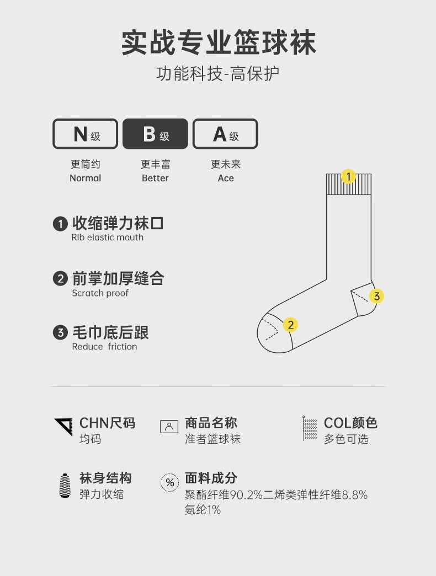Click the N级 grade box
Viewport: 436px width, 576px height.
point(85,134)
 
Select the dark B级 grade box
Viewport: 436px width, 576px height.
point(155,134)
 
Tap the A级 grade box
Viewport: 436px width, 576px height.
point(225,134)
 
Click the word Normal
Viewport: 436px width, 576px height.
point(85,178)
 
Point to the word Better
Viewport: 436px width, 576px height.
point(155,178)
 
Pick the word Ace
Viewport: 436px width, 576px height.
point(226,178)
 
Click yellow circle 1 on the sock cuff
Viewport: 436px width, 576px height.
point(348,176)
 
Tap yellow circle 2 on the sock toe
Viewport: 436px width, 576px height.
point(291,325)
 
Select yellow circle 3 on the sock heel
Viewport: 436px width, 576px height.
point(376,296)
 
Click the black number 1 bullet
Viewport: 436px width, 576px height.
point(60,224)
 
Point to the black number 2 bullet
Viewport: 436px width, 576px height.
point(60,278)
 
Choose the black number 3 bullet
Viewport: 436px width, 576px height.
point(60,332)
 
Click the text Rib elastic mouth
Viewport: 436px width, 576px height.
point(107,238)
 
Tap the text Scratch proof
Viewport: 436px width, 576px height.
point(100,293)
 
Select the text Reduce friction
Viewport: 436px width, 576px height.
point(104,347)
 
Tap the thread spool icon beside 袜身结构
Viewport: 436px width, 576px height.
point(65,485)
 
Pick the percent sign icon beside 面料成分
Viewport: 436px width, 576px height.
point(169,483)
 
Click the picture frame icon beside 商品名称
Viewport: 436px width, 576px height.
point(169,427)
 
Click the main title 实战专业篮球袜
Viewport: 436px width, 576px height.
point(218,43)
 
